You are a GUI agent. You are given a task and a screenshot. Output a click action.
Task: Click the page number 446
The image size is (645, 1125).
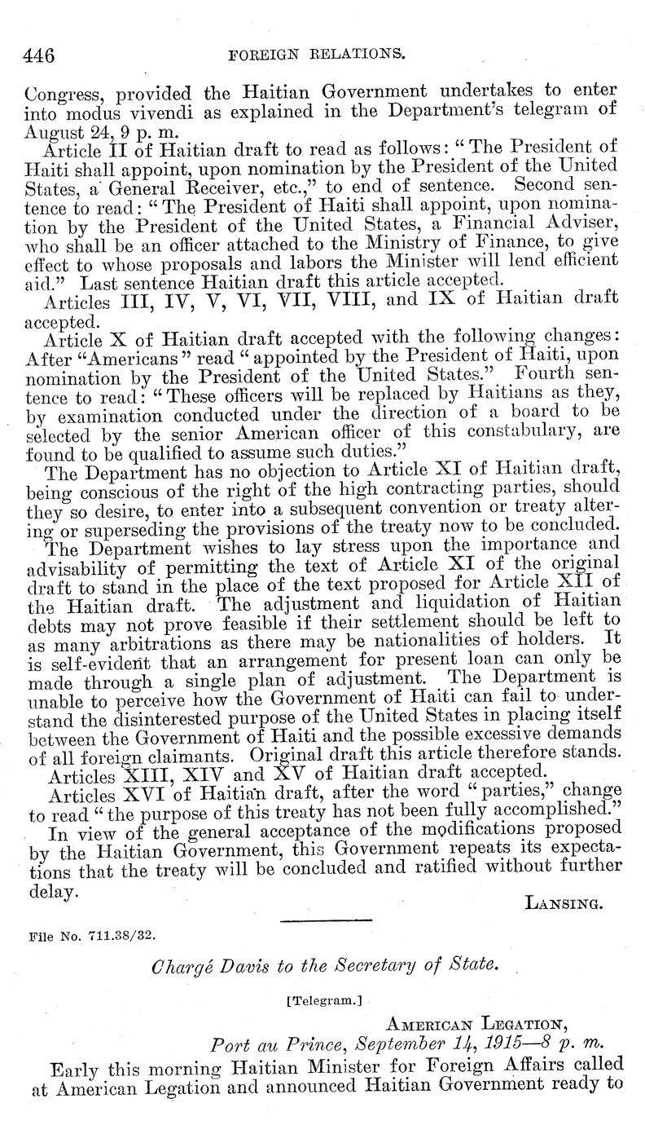click(39, 56)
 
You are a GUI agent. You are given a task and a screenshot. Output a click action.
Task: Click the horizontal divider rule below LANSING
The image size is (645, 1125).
click(325, 920)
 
